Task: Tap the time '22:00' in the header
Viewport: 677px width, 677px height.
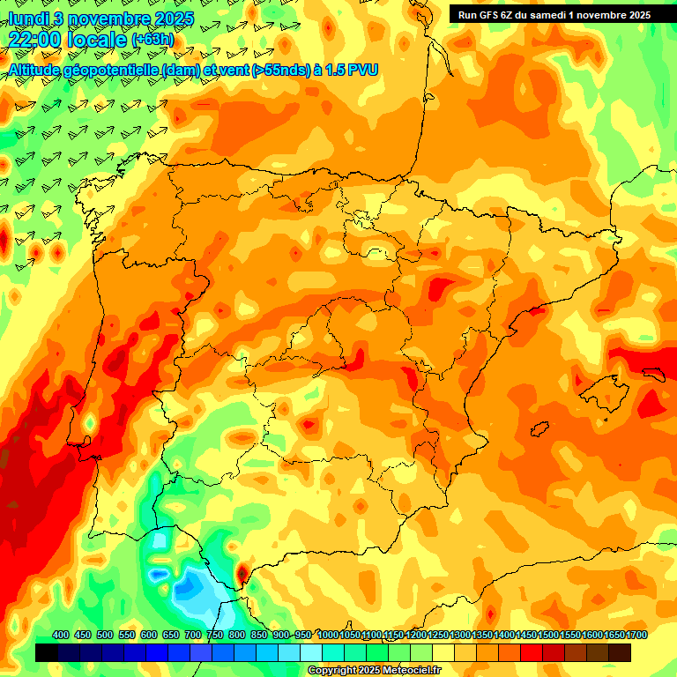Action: coord(37,39)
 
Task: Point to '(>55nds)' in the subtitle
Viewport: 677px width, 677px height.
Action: coord(275,70)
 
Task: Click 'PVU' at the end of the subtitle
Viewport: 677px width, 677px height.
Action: coord(362,70)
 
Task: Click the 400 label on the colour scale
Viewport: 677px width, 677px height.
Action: coord(61,635)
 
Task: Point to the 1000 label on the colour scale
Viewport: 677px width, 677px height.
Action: coord(327,635)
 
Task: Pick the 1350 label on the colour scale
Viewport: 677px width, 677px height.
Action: coord(482,635)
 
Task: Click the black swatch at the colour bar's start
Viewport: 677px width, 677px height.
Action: coord(47,652)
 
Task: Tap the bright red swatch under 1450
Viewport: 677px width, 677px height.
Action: coord(532,652)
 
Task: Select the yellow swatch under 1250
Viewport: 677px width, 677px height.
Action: coord(443,652)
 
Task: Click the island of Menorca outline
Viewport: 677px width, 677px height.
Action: coord(653,374)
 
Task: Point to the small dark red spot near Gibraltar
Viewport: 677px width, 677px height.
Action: coord(242,574)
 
